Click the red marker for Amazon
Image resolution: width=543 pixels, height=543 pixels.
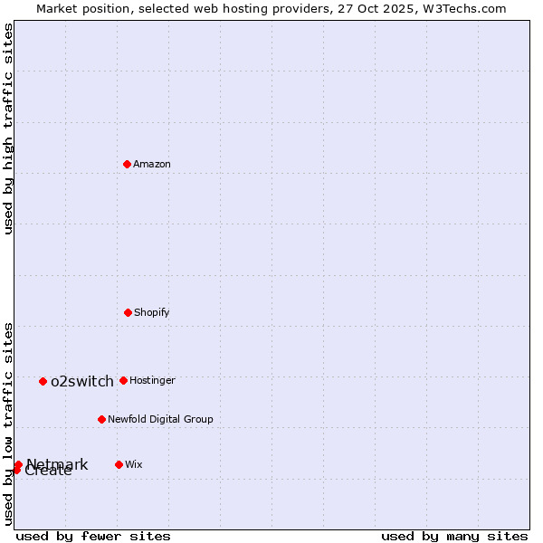(x=128, y=164)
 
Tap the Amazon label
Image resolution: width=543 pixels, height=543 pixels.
(x=152, y=165)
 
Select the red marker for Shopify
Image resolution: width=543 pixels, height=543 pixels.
(x=128, y=312)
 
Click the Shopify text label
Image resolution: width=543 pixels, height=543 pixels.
(x=152, y=313)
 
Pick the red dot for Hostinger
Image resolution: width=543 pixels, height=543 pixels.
(x=123, y=380)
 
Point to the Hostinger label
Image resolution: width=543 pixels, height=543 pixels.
(x=152, y=381)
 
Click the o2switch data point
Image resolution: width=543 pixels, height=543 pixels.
(x=43, y=381)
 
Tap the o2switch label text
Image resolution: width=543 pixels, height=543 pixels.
(x=82, y=382)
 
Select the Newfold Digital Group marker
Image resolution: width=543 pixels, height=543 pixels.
(x=101, y=419)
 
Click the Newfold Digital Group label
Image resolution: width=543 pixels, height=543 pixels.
(x=160, y=420)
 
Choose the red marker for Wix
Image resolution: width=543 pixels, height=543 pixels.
(x=119, y=464)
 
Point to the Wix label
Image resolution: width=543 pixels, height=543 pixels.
(x=134, y=465)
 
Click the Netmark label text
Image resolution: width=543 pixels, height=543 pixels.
(x=58, y=464)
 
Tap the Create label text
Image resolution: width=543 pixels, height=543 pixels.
(x=49, y=472)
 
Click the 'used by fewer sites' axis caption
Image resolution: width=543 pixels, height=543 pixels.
(x=93, y=536)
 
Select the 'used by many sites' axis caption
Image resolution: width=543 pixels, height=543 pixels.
(x=454, y=536)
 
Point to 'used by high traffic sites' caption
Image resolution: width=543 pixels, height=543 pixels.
(x=8, y=129)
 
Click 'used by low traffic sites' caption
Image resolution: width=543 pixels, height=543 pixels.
(x=8, y=424)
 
